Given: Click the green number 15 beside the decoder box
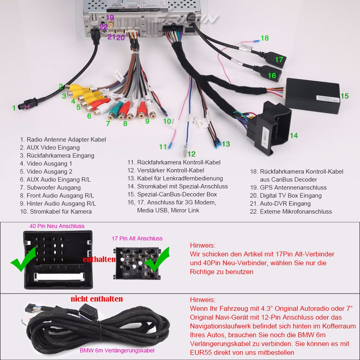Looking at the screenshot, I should (x=344, y=96).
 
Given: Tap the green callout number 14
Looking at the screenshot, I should (x=294, y=136).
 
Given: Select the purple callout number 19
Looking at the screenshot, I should (x=110, y=18).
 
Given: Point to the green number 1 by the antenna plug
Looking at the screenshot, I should (x=14, y=108).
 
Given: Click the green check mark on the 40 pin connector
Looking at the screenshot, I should (x=22, y=260).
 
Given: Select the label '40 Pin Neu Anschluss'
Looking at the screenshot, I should (x=57, y=226).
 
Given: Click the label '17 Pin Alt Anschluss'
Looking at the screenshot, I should (x=137, y=238).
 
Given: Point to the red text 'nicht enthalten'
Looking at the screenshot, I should (x=97, y=299).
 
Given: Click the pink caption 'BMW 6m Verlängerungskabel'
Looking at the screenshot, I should (x=117, y=350).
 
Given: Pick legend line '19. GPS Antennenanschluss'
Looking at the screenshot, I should (x=288, y=188).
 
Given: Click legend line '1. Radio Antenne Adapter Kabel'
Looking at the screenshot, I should (x=63, y=140).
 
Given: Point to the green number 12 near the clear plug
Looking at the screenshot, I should (x=192, y=154).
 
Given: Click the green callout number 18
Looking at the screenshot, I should (x=264, y=38).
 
